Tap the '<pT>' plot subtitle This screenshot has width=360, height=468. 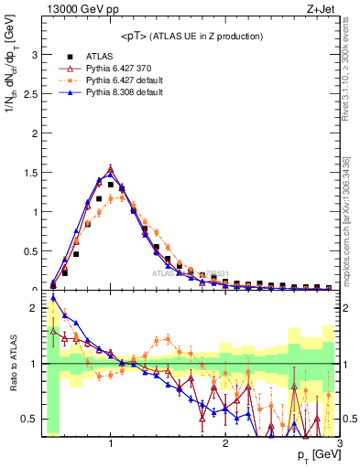click(x=190, y=36)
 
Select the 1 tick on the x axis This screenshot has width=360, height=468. click(x=111, y=443)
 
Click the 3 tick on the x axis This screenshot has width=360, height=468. click(x=338, y=443)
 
